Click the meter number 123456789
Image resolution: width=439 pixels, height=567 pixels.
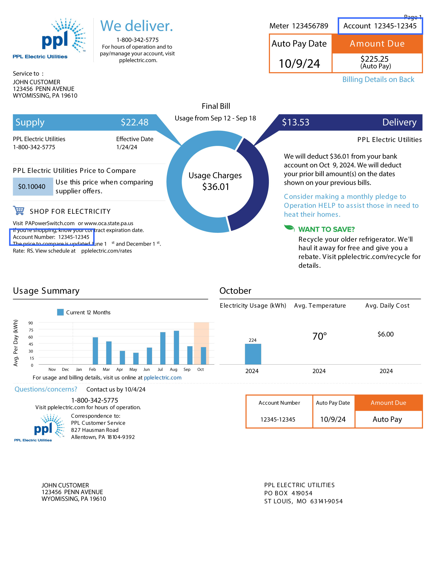coord(310,26)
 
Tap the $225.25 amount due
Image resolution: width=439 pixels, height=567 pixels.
coord(374,59)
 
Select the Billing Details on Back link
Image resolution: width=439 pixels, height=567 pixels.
coord(378,80)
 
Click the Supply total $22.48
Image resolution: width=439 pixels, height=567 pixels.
coord(135,122)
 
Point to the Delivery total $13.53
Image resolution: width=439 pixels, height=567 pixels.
coord(296,122)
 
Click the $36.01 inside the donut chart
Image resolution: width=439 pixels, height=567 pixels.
coord(216,187)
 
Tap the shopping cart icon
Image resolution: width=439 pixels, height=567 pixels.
coord(19,210)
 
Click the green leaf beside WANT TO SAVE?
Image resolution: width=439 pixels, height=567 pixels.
coord(289,228)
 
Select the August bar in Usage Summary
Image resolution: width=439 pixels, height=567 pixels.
coord(176,347)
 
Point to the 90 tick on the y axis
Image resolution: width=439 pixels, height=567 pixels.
coord(31,323)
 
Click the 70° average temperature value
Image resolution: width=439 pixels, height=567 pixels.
coord(319,336)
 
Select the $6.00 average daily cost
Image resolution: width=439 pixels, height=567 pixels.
coord(385,334)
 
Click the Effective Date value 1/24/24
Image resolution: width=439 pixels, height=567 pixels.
coord(127,147)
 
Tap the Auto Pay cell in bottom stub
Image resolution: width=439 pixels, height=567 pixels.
coord(387,419)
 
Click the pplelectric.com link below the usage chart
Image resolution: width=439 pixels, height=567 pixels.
coord(163,377)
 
